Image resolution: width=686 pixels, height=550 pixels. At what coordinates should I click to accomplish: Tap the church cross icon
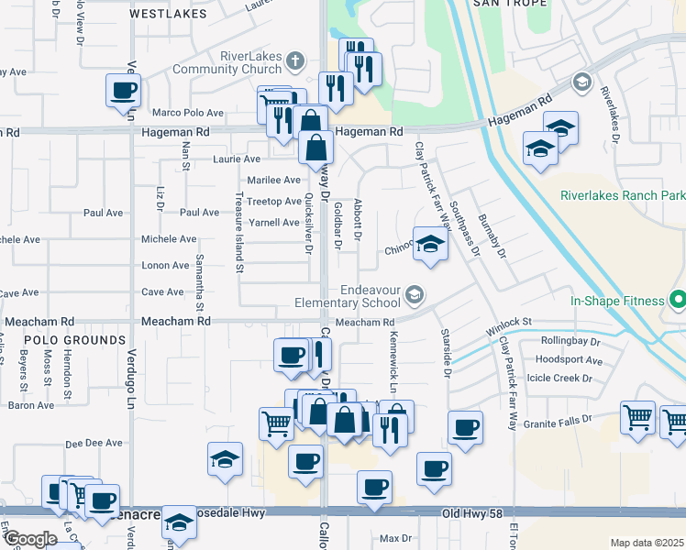pos(294,61)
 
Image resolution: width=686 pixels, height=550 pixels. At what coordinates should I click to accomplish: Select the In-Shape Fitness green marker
pos(678,300)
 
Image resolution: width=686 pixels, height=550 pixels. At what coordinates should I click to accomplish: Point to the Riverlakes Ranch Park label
pos(623,195)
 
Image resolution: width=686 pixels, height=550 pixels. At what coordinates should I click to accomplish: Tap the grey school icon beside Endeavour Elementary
pos(415,294)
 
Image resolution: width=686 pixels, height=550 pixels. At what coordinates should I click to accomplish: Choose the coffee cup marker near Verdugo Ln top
pos(123,91)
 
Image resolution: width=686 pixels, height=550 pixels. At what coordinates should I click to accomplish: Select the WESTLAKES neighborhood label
pos(161,14)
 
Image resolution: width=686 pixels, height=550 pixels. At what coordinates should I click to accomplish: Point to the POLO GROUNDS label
pos(60,339)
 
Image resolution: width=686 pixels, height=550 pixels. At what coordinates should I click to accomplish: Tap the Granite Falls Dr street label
pos(562,420)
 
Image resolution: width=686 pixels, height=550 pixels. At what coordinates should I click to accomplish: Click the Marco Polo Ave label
pos(188,113)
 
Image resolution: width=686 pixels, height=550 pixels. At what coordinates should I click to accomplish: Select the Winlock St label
pos(509,322)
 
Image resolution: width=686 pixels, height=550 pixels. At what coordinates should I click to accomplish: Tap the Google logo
pos(30,539)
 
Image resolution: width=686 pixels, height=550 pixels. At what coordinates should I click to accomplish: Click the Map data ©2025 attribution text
pos(647,543)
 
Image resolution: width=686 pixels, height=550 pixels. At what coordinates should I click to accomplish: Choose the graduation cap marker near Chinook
pos(429,244)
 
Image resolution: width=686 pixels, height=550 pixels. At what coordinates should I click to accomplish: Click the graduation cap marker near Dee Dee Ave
pos(225,460)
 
